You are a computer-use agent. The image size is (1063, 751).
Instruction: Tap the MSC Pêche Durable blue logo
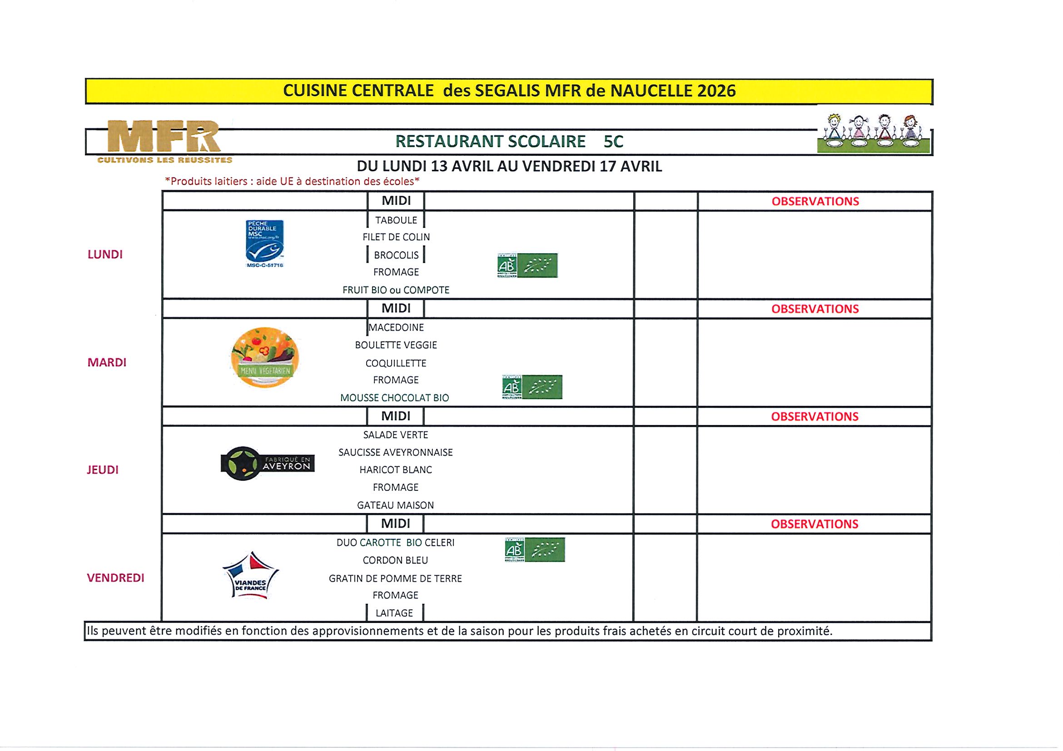pos(264,243)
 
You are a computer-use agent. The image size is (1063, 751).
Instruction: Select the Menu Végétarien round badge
pos(265,357)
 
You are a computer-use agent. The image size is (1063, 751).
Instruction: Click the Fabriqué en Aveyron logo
pos(268,464)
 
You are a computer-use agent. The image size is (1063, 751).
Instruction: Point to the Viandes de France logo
pos(250,576)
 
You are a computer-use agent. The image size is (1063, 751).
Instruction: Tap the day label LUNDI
pos(105,255)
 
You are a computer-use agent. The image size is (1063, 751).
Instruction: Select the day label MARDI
pos(107,362)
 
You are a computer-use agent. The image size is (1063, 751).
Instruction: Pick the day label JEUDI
pos(103,469)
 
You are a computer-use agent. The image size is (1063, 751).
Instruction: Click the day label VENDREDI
pos(116,578)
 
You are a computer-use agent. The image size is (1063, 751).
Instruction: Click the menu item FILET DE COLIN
pos(396,237)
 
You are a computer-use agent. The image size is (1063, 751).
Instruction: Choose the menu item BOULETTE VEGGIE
pos(396,345)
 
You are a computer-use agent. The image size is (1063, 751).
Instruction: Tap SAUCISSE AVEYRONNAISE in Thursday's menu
pos(395,453)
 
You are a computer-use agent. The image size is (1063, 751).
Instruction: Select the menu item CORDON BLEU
pos(395,560)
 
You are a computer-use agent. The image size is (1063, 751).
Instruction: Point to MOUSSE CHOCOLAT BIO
pos(394,398)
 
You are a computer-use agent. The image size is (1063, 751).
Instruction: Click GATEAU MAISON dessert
pos(395,505)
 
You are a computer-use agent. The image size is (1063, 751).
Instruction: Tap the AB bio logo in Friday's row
pos(535,550)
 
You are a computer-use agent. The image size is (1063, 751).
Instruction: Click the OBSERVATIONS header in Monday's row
pos(815,201)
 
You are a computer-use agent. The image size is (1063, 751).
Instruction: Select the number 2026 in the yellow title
pos(716,91)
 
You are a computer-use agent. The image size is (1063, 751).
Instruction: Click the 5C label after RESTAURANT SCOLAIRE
pos(613,142)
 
